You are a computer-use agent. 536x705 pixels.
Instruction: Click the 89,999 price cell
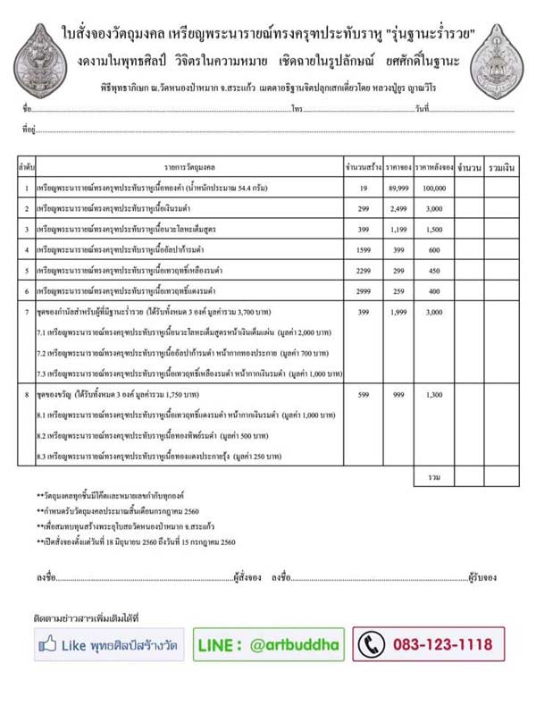(x=398, y=189)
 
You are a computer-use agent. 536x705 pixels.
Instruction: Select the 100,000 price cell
(x=434, y=189)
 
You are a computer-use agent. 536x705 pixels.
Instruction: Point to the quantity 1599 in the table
(x=364, y=249)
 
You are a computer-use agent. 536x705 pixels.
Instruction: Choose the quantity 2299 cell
(x=364, y=270)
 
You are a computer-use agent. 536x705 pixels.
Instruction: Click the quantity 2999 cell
(x=364, y=290)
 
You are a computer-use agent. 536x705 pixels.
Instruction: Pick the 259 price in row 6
(x=398, y=290)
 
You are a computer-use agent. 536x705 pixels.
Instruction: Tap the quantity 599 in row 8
(x=364, y=394)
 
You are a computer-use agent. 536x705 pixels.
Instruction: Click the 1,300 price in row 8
(x=434, y=394)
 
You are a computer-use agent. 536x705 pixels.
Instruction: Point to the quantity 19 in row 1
(x=364, y=189)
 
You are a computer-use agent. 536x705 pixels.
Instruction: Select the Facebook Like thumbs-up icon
(x=49, y=643)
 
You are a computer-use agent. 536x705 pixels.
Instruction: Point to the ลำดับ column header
(x=26, y=167)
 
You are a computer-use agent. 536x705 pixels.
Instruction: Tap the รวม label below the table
(x=434, y=477)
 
